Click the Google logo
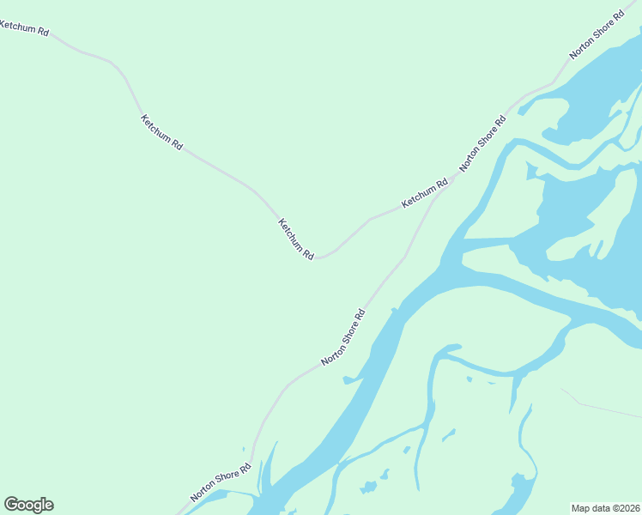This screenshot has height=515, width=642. pos(28,505)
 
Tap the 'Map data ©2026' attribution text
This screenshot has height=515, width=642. pos(605,507)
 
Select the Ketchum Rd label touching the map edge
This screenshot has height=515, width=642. pos(24,28)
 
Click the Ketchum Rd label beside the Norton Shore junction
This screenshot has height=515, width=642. pos(425,194)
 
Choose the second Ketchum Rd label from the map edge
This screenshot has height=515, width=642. pos(161,132)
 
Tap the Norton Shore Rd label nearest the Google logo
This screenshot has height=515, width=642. pos(221,482)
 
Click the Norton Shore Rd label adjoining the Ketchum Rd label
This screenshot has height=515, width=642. pos(483,142)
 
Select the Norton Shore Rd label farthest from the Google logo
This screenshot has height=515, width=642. pos(597,35)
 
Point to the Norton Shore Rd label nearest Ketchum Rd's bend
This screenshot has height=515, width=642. pos(343,338)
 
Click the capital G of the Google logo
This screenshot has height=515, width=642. pos(11,505)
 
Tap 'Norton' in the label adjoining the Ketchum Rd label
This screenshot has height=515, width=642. pos(470,157)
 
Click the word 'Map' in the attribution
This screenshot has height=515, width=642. pos(581,507)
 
